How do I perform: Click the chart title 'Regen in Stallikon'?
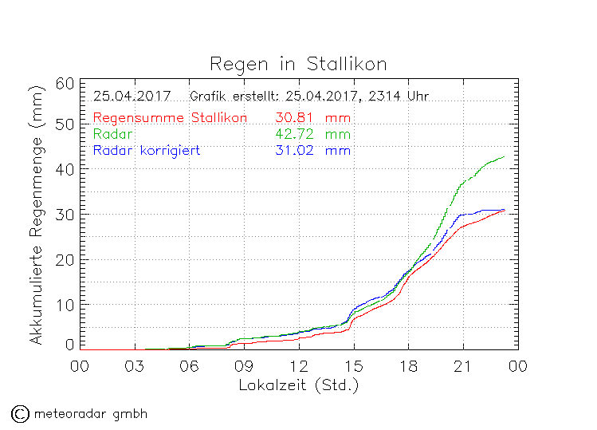pos(298,63)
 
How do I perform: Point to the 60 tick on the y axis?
pos(66,84)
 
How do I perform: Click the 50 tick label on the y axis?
pos(66,124)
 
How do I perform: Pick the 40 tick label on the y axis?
pos(66,169)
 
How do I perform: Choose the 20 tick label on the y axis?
pos(66,259)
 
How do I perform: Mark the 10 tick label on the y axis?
pos(66,304)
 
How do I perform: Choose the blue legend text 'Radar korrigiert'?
pos(147,150)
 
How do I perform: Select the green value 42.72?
pos(292,134)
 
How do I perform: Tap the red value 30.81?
pos(292,118)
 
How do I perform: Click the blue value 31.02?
pos(292,150)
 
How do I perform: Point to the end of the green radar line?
pos(504,156)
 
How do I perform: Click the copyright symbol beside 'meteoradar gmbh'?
pos(20,413)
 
